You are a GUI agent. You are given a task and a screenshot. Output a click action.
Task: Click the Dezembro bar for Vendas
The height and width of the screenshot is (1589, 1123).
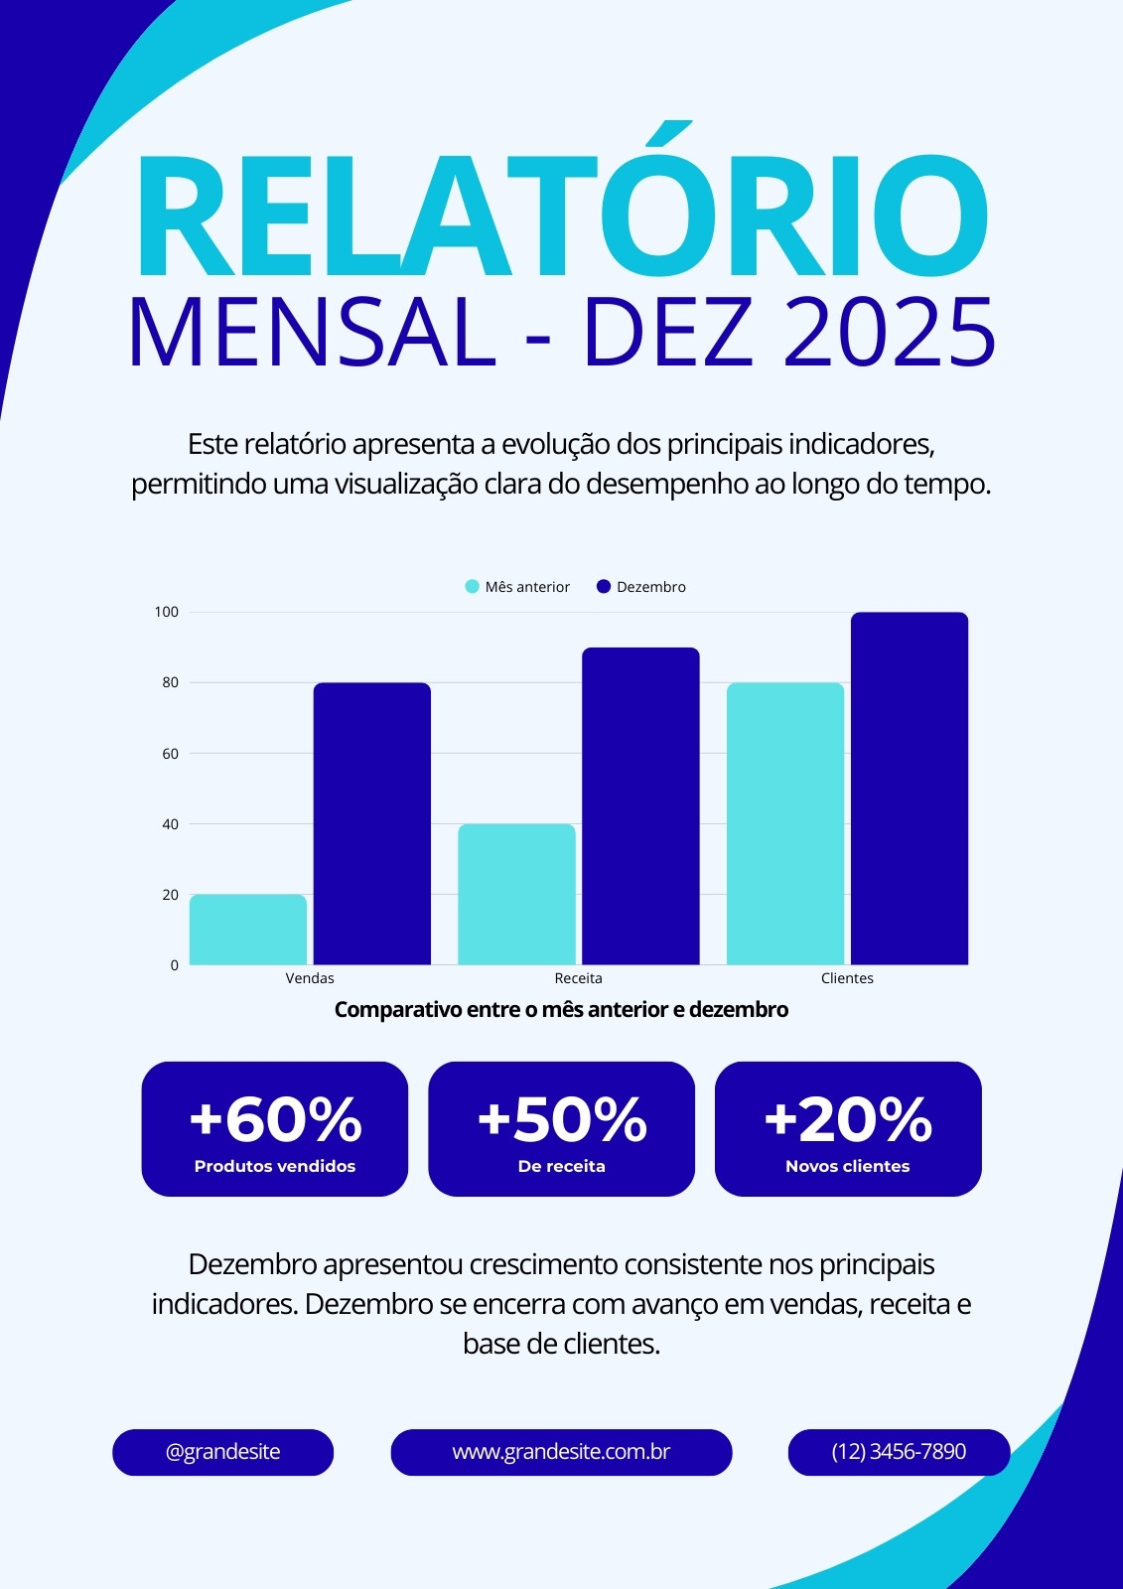(371, 823)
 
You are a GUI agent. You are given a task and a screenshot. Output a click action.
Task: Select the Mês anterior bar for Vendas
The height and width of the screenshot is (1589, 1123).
(248, 930)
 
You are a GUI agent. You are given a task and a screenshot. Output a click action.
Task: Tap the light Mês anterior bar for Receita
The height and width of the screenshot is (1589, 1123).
(516, 894)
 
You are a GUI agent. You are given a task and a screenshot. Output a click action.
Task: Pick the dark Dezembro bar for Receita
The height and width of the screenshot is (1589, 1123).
(640, 805)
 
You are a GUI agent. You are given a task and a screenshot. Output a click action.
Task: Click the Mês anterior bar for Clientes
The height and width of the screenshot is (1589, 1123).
(785, 823)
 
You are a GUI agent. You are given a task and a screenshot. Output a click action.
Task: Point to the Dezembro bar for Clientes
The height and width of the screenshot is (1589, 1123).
(910, 789)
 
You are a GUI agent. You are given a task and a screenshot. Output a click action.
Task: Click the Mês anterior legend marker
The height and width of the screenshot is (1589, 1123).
(472, 587)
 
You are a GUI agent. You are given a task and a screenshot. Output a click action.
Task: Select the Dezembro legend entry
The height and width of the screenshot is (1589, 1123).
(641, 587)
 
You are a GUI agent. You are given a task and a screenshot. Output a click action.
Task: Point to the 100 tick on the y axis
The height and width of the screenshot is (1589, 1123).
(167, 612)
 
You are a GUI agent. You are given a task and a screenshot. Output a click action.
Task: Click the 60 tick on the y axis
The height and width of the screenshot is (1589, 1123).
(170, 754)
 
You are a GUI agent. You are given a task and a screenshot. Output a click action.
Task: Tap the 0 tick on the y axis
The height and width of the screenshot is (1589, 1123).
(175, 965)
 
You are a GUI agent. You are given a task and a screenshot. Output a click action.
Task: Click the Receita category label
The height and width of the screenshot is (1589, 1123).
(578, 978)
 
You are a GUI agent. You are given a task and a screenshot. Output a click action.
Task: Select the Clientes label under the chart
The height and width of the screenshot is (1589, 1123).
(847, 978)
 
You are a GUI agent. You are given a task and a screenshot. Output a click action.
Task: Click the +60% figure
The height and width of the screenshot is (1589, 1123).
(275, 1120)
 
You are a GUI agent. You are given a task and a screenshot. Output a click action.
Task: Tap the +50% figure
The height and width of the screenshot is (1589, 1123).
(562, 1120)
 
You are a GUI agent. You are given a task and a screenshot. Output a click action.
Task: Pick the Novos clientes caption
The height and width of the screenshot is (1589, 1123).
(848, 1166)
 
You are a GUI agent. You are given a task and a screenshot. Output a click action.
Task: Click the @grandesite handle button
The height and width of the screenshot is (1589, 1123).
(222, 1451)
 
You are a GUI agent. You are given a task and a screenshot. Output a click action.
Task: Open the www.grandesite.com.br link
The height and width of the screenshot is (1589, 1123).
(561, 1451)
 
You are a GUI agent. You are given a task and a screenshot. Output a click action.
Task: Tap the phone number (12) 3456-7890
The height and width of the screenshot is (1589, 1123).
(899, 1451)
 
